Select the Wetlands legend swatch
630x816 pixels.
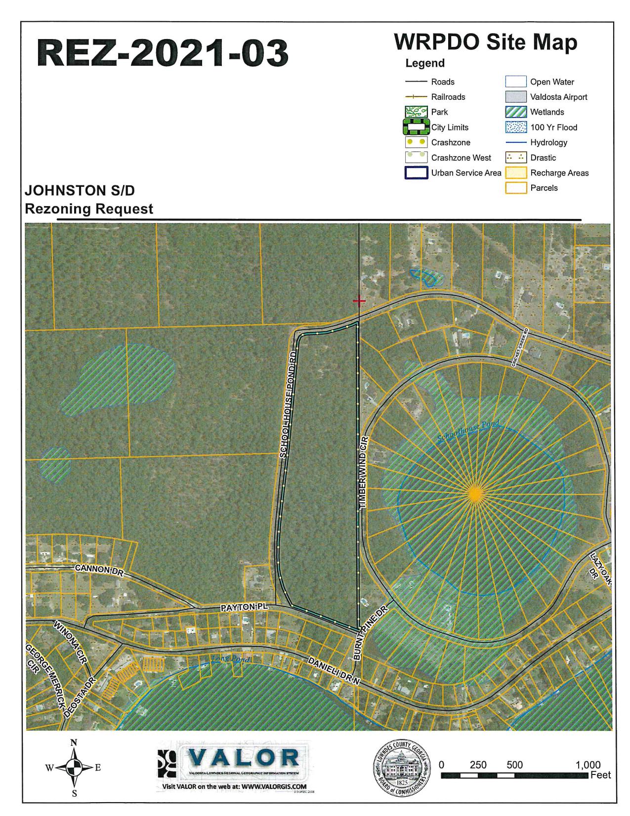(515, 112)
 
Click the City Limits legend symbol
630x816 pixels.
(416, 127)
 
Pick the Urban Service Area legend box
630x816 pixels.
(416, 173)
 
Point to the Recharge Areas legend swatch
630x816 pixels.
(515, 173)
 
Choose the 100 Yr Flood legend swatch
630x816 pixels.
(515, 128)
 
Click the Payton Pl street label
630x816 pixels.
(244, 606)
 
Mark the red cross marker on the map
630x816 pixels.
(359, 301)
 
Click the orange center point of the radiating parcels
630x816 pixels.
(475, 493)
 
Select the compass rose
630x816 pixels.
(74, 768)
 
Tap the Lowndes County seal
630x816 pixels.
(401, 768)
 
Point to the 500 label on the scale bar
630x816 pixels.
(514, 765)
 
